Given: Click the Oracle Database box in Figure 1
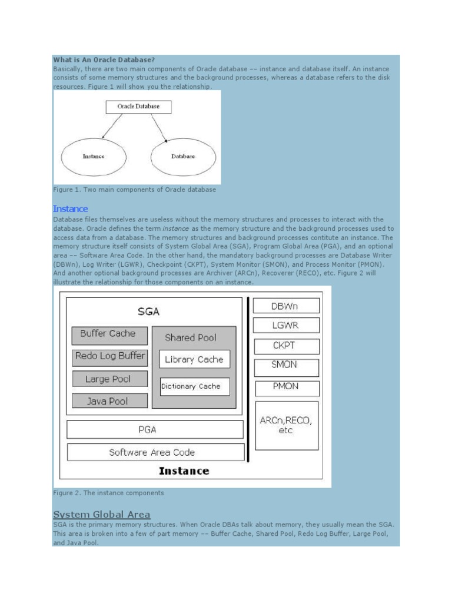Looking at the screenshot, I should point(139,107).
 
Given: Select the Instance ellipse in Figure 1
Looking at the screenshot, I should point(94,157).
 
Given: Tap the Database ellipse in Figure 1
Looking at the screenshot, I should point(183,157).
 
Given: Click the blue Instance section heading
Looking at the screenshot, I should point(70,208).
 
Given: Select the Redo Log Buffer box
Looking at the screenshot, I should point(109,356).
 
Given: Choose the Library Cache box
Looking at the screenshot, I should point(194,359).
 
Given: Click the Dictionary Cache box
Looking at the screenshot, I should point(194,386).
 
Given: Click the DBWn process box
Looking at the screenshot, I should point(287,306).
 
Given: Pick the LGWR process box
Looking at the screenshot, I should point(287,325).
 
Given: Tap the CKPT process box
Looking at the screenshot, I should point(287,346).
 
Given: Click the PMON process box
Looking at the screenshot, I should point(287,387).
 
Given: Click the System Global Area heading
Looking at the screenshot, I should point(101,514).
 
